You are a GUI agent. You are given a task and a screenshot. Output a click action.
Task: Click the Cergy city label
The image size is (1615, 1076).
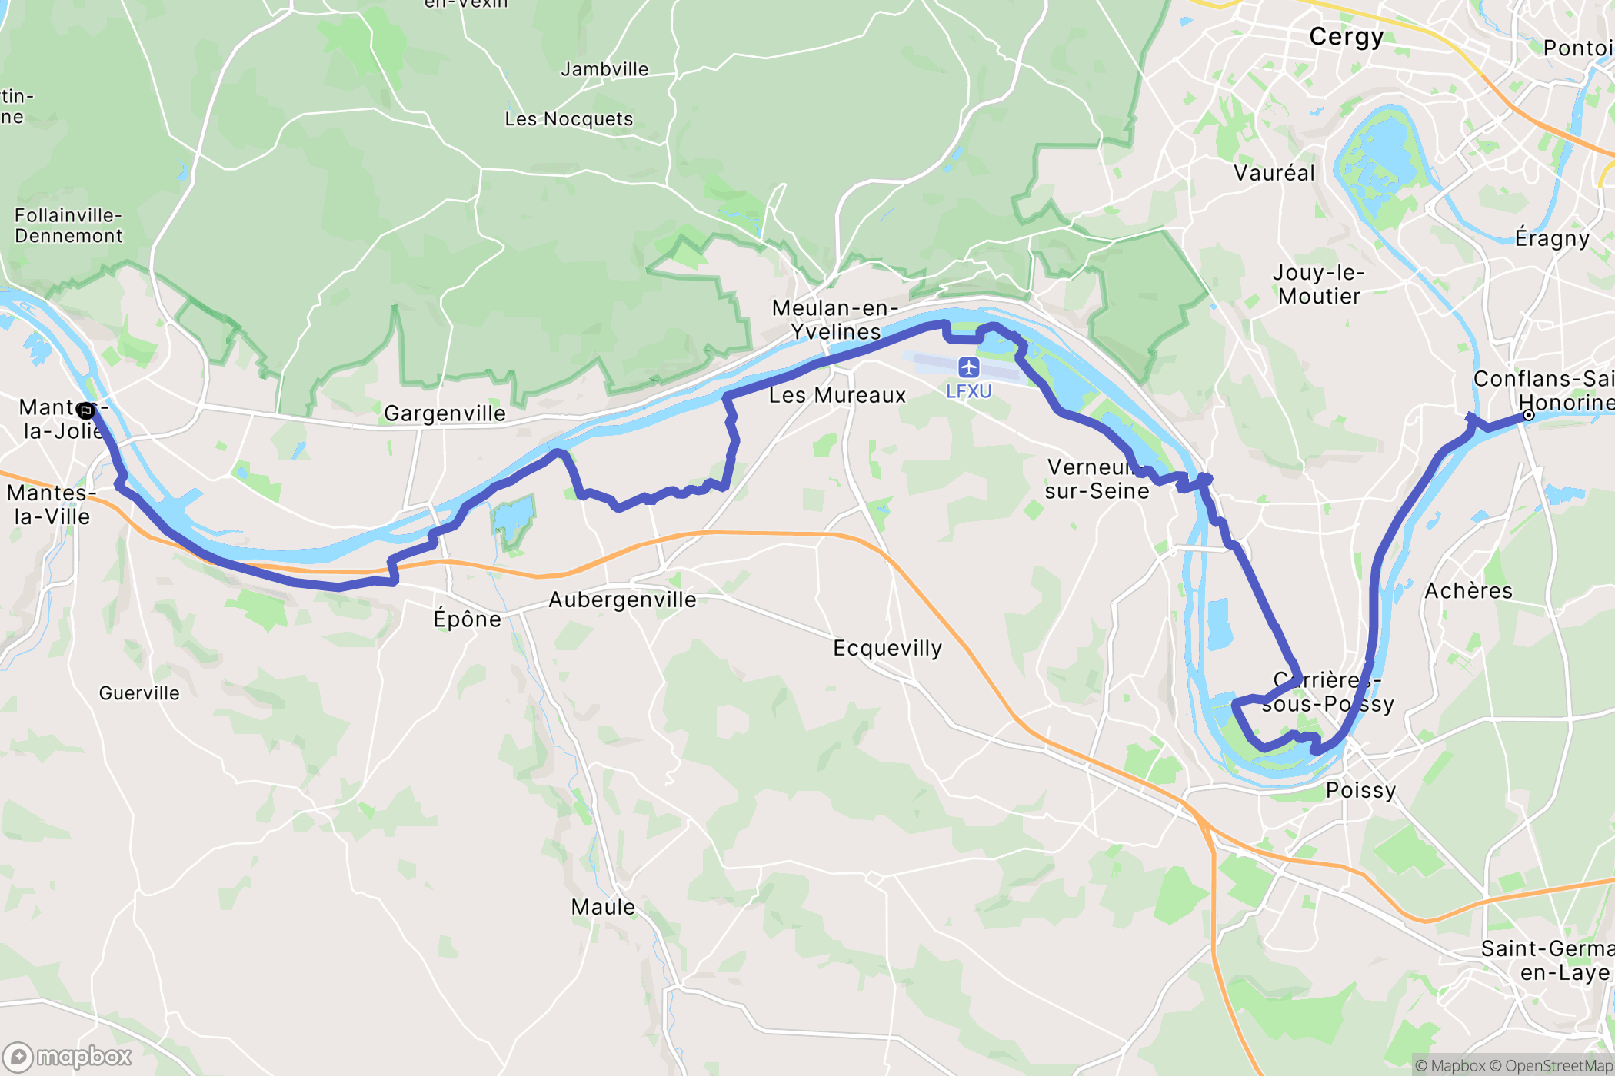point(1346,37)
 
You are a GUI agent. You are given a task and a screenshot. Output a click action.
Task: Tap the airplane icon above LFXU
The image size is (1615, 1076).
point(968,367)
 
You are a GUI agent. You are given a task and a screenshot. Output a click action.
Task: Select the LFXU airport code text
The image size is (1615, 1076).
point(968,392)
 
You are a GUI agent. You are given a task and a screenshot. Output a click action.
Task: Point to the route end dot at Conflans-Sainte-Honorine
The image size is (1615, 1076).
point(1529,415)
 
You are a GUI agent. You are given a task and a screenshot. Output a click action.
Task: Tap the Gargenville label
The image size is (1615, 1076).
point(445,413)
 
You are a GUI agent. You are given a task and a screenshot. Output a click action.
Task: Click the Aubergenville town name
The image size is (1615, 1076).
point(622,599)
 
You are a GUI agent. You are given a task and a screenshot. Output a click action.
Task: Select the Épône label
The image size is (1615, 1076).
point(467,619)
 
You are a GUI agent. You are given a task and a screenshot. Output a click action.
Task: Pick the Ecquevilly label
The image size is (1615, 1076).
point(887,648)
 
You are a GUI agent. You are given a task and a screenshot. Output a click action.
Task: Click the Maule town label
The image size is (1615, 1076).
point(603,907)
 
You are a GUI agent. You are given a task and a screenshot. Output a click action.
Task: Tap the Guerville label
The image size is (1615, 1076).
point(139,693)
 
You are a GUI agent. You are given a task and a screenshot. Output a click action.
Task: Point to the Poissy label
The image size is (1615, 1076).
point(1360,790)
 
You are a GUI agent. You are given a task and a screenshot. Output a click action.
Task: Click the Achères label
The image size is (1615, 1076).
point(1468,590)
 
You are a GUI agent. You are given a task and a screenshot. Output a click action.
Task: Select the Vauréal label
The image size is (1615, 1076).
point(1274,173)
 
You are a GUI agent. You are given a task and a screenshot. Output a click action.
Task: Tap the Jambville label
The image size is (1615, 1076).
point(604,69)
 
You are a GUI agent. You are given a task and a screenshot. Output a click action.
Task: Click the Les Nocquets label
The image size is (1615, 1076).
point(569,119)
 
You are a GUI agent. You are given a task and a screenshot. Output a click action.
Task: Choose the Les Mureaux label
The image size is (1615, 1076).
point(837,395)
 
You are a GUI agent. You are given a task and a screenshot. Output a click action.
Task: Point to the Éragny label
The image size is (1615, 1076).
point(1552,238)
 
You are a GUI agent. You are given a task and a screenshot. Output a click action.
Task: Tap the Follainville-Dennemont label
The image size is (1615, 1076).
point(68,226)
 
